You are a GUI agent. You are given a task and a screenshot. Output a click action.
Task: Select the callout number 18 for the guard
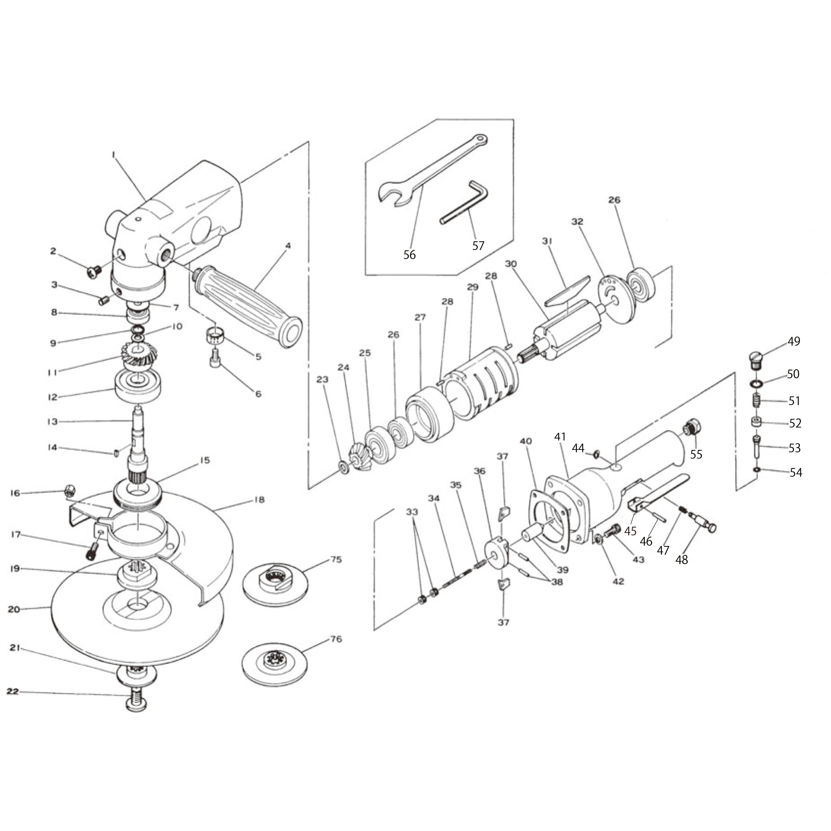coord(259,500)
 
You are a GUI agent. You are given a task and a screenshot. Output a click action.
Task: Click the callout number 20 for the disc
coord(14,609)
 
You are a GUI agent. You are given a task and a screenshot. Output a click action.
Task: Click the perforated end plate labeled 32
coord(616,298)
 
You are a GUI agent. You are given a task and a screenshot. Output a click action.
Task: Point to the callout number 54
coord(796,473)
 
